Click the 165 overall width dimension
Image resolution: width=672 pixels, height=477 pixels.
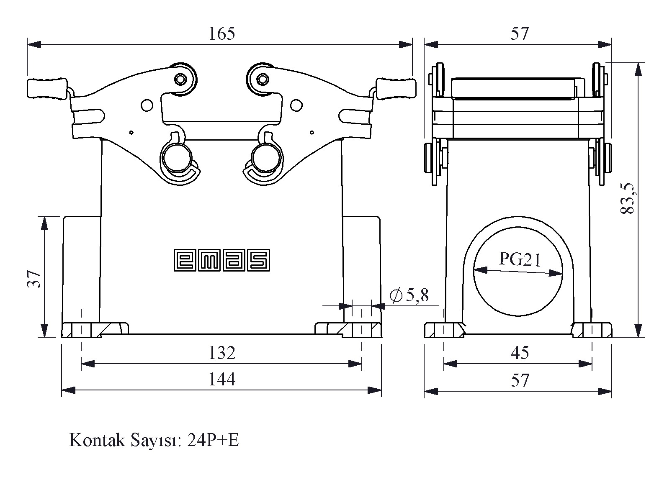point(221,33)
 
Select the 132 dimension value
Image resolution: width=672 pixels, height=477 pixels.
point(222,353)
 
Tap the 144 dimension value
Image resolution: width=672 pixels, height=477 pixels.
point(222,379)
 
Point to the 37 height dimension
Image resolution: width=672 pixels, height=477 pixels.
point(33,279)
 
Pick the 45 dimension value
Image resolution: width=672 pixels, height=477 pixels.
point(520,353)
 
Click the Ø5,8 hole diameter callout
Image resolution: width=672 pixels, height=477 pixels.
point(409,295)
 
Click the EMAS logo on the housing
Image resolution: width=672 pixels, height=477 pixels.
point(222,260)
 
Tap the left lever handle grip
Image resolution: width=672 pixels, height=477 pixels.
point(47,88)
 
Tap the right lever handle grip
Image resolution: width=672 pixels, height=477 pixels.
point(397,88)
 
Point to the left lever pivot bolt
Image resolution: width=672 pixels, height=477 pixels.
point(180,79)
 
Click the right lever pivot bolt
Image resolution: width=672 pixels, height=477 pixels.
point(263,79)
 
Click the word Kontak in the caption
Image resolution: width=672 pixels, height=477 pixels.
point(97,441)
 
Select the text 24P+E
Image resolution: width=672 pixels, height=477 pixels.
point(213,441)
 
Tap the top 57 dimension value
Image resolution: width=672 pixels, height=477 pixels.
point(520,33)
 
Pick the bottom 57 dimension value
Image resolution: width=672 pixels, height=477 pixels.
point(520,380)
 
